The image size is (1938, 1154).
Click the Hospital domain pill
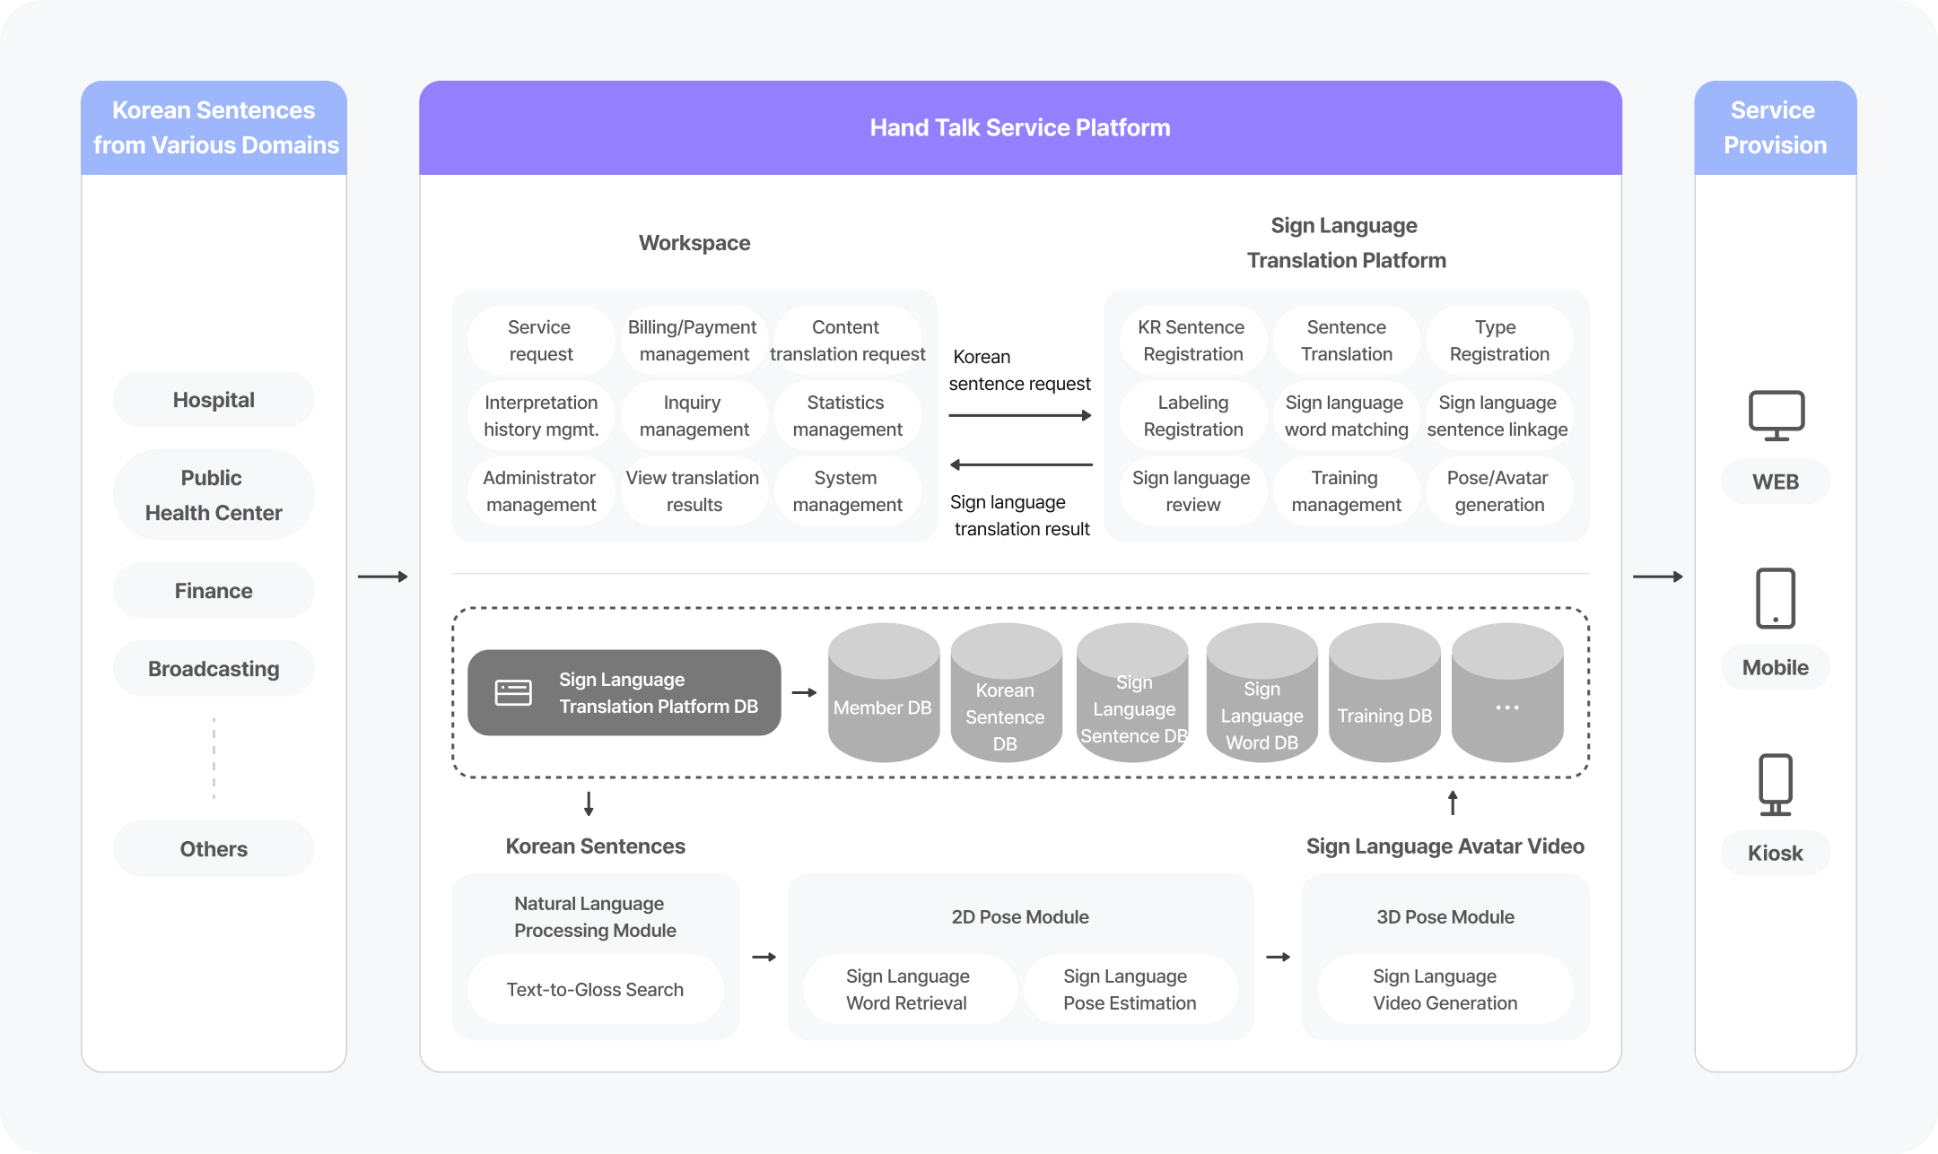click(x=214, y=400)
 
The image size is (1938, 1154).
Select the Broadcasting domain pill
click(x=214, y=669)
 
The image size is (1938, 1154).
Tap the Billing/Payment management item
click(x=693, y=341)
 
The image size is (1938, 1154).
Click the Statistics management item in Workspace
click(x=846, y=416)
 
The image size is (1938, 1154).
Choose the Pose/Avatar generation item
click(x=1498, y=491)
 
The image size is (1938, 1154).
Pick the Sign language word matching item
click(x=1346, y=416)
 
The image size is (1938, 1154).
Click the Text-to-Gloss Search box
click(x=595, y=989)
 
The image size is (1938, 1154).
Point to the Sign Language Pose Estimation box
click(x=1130, y=989)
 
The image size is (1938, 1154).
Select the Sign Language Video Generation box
click(x=1445, y=989)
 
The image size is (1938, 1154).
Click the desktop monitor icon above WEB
click(x=1776, y=415)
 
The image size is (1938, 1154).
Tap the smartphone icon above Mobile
click(x=1775, y=598)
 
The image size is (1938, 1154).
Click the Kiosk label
click(x=1775, y=853)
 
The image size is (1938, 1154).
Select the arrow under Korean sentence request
click(x=1020, y=415)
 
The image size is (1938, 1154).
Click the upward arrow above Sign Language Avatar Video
click(x=1453, y=803)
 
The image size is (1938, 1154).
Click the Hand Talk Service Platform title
click(x=1020, y=127)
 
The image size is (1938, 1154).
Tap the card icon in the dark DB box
click(x=513, y=692)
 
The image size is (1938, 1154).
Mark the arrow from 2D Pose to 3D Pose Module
click(x=1278, y=957)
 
